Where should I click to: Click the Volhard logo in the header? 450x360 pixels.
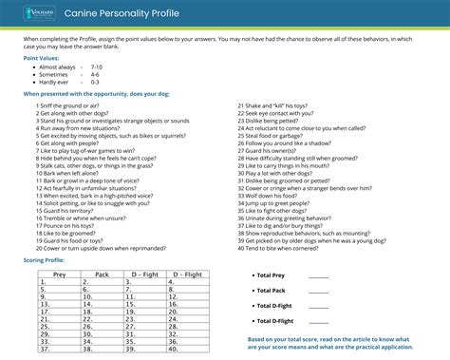click(38, 14)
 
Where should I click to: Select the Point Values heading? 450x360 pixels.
click(44, 57)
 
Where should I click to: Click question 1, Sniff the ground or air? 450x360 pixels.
click(72, 105)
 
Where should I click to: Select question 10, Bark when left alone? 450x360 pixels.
click(72, 174)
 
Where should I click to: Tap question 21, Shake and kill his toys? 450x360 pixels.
click(286, 105)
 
